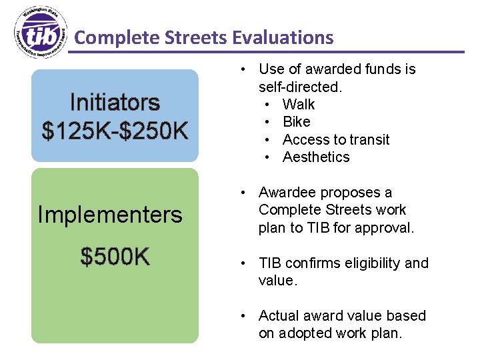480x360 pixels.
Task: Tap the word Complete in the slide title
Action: pos(111,37)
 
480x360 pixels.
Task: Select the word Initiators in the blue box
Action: pos(115,103)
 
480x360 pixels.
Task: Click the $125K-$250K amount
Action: pos(115,131)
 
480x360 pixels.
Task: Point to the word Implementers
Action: pos(110,215)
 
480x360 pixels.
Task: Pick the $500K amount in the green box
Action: pos(115,256)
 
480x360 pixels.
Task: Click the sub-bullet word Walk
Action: pos(298,105)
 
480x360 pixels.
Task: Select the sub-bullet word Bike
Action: pos(296,122)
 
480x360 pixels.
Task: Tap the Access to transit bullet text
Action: pos(335,140)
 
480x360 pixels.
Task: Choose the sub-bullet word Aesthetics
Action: pos(315,157)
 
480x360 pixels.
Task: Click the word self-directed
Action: pos(299,87)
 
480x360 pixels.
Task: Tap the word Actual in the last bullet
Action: pos(279,316)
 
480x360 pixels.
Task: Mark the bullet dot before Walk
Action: pos(266,105)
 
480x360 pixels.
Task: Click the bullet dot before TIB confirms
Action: pos(245,263)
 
